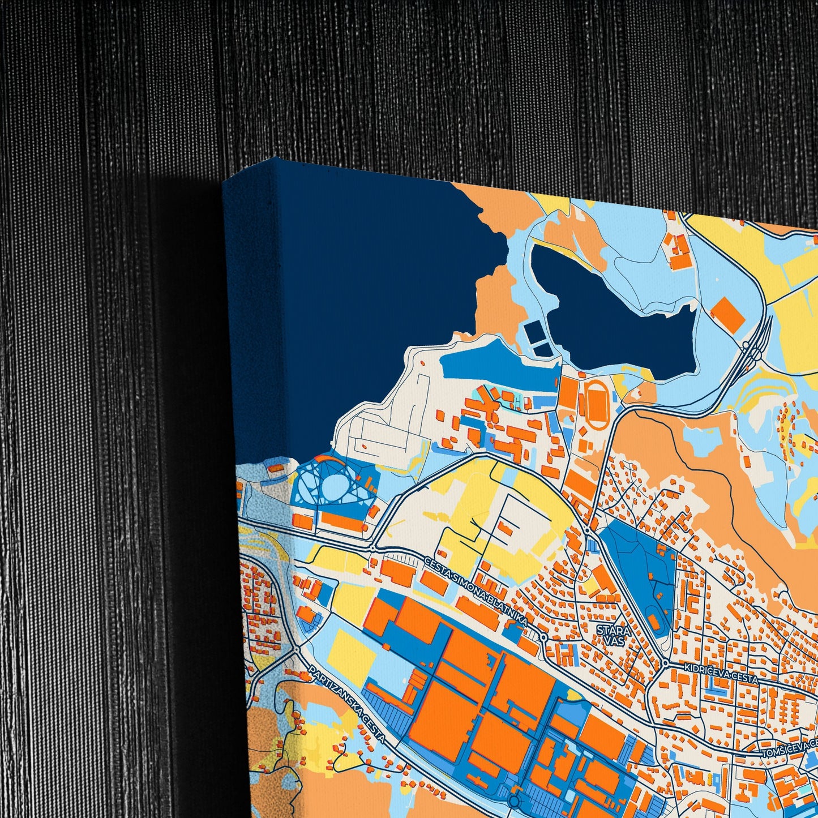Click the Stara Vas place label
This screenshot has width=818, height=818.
[611, 633]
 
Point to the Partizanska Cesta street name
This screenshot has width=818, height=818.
[347, 704]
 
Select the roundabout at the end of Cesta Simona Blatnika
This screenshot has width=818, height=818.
[543, 637]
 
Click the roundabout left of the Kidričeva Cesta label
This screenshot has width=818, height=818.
[666, 663]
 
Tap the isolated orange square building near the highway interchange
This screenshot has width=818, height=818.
[727, 314]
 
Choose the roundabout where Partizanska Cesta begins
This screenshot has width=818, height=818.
[296, 649]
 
